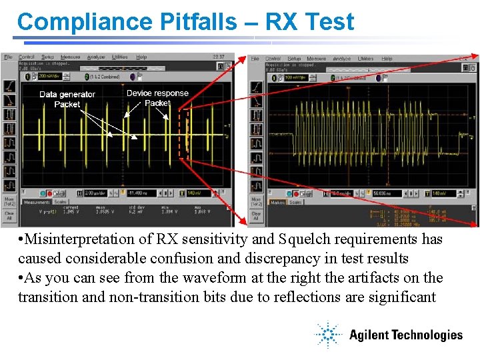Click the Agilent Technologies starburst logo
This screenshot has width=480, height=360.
click(x=329, y=334)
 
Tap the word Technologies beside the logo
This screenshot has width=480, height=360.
click(x=426, y=335)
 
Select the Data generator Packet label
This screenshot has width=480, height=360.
click(x=67, y=99)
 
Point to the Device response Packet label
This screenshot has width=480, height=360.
click(x=157, y=98)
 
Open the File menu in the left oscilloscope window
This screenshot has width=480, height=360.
click(x=8, y=57)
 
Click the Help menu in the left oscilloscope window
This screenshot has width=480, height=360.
click(x=141, y=57)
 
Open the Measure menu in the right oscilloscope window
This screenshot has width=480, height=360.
click(x=317, y=59)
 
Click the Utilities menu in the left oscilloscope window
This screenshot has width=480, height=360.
click(x=119, y=57)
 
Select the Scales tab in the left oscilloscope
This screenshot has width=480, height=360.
click(x=60, y=202)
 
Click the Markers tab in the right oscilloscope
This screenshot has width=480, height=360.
click(x=277, y=202)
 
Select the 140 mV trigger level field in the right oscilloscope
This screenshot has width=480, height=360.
click(x=441, y=193)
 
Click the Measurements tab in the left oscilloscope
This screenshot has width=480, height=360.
click(x=35, y=202)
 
